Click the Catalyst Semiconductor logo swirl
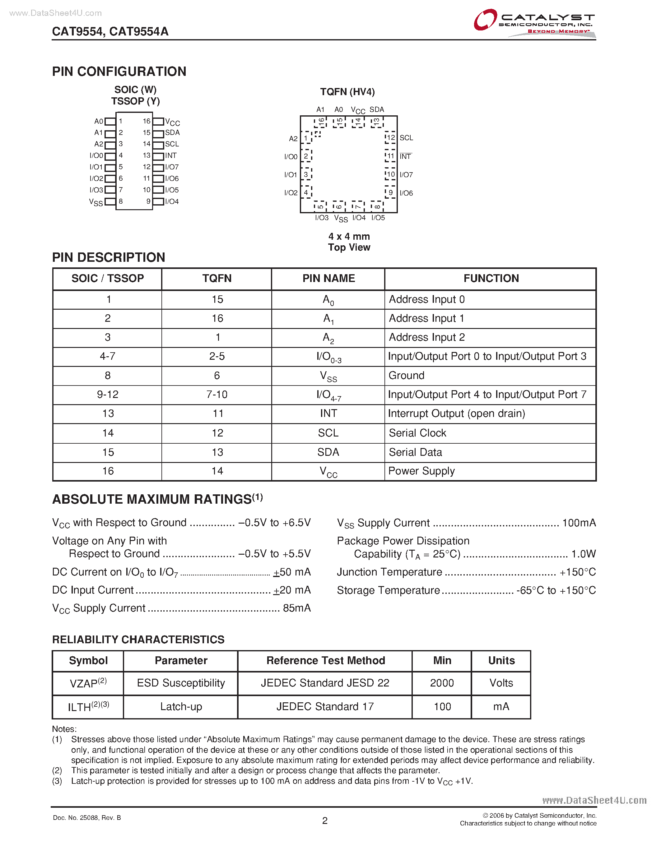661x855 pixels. coord(485,20)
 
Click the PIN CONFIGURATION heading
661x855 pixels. coord(119,72)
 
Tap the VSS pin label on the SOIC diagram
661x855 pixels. coord(96,202)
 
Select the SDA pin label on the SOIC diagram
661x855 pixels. coord(172,133)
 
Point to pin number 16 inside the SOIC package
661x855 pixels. coord(147,121)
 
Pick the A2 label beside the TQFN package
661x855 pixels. coord(293,139)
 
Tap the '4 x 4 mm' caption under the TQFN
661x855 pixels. coord(349,237)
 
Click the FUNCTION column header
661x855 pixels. coord(491,278)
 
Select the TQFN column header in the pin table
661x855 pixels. coord(217,278)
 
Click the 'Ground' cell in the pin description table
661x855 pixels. coord(407,376)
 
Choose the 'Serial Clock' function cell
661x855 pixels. coord(417,433)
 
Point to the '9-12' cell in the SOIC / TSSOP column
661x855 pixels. coord(108,395)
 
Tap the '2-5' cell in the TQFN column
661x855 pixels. coord(217,356)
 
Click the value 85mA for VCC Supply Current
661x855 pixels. coord(297,608)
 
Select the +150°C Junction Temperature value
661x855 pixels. coord(578,572)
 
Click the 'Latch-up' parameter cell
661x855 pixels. coord(181,707)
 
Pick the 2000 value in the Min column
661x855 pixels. coord(442,683)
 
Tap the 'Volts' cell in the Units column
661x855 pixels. coord(501,683)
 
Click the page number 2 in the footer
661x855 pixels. coord(325,820)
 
